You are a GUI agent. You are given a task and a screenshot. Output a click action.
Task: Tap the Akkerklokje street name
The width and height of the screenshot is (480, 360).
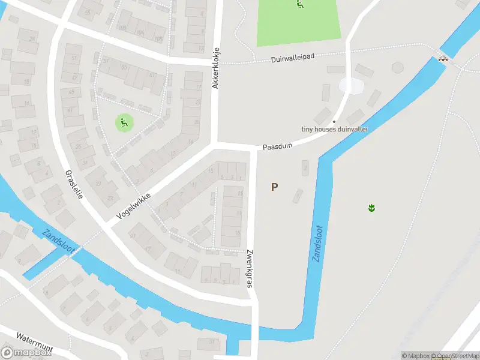click(216, 68)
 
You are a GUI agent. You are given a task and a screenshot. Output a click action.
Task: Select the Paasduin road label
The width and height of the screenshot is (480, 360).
click(276, 146)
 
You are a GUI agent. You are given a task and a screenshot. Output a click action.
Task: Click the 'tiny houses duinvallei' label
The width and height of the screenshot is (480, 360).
click(334, 129)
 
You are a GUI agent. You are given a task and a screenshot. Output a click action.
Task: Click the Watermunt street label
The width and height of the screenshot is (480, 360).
click(36, 341)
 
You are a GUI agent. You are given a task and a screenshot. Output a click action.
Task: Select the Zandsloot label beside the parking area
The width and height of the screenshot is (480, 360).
click(317, 244)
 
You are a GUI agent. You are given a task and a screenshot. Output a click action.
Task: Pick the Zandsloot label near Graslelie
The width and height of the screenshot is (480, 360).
click(59, 242)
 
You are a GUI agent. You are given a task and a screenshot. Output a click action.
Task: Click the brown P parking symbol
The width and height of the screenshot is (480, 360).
click(274, 187)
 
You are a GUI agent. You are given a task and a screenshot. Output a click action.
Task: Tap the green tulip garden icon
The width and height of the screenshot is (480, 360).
click(371, 208)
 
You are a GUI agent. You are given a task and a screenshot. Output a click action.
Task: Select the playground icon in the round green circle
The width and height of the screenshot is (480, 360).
click(124, 124)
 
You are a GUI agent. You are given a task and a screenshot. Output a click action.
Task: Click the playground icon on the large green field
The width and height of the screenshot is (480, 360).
click(300, 4)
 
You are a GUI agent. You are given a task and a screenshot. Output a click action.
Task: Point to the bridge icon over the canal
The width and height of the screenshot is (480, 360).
click(443, 59)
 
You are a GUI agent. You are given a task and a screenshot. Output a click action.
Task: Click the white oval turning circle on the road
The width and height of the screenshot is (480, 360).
click(351, 86)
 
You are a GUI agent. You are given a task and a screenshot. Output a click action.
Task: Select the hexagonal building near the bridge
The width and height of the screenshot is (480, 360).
click(398, 67)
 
